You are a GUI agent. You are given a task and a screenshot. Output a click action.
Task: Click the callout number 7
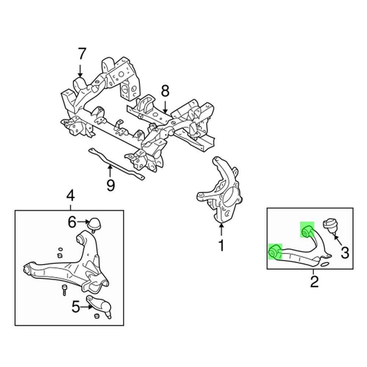(82, 54)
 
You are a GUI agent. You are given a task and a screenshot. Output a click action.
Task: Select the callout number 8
(165, 91)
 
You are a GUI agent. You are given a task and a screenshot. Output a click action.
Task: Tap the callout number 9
(111, 185)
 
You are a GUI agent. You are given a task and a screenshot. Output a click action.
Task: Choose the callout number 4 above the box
(70, 196)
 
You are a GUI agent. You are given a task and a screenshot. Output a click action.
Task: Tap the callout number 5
(76, 307)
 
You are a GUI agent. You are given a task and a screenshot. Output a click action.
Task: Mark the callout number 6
(72, 222)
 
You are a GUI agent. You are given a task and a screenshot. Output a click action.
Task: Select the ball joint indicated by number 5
(99, 305)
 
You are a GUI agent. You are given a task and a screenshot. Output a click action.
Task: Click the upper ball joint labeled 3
(331, 225)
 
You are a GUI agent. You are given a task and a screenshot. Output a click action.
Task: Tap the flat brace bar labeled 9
(116, 164)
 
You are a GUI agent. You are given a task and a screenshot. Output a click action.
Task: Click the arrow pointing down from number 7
(80, 70)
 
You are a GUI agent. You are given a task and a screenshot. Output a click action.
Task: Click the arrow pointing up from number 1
(221, 229)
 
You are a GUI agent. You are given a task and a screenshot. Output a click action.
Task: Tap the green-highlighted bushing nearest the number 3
(307, 230)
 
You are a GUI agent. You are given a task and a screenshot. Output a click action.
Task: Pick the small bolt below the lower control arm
(64, 290)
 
